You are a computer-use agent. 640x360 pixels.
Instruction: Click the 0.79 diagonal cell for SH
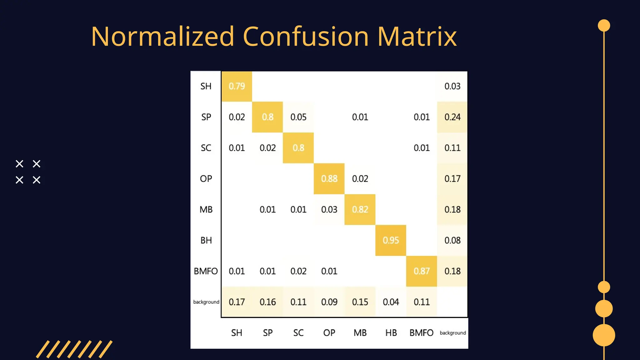coord(237,86)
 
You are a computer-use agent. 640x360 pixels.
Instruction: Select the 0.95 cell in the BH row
coord(391,240)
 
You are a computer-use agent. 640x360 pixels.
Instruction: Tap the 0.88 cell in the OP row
coord(329,179)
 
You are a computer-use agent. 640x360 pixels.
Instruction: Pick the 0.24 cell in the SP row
coord(452,117)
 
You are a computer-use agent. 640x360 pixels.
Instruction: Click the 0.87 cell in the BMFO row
coord(422,271)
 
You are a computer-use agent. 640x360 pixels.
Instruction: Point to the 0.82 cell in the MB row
coord(360,209)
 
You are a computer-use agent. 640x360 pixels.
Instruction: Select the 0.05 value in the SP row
coord(298,117)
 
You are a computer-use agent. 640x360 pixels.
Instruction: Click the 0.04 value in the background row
coord(391,302)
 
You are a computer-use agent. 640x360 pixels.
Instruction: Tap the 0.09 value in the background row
coord(329,302)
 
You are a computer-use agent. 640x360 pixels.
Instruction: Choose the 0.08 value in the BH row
coord(452,240)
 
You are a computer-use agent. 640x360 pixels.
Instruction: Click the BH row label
coord(206,240)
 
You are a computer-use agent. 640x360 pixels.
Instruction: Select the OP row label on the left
coord(206,179)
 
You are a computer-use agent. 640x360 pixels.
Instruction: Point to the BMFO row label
coord(206,271)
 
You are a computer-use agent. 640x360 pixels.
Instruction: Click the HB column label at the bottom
coord(391,333)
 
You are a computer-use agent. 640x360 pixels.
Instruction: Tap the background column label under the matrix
coord(452,333)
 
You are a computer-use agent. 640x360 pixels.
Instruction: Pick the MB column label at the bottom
coord(360,333)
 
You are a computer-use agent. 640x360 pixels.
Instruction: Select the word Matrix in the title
coord(417,37)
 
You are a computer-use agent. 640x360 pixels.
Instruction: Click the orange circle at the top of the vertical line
coord(604,26)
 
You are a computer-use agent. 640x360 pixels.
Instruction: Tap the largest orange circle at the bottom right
coord(604,335)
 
